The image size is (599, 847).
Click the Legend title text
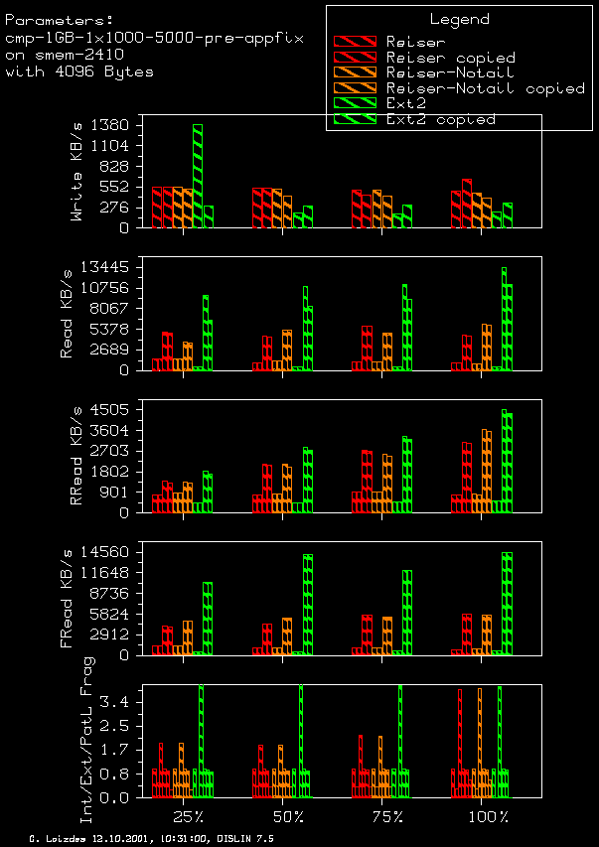pyautogui.click(x=459, y=19)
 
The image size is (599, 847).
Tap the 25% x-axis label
pyautogui.click(x=189, y=816)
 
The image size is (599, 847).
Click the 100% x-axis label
pyautogui.click(x=490, y=816)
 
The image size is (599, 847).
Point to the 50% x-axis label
pyautogui.click(x=288, y=816)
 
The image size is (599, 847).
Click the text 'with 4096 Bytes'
pyautogui.click(x=79, y=72)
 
